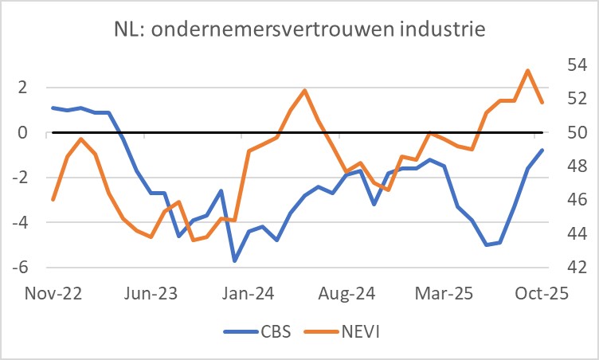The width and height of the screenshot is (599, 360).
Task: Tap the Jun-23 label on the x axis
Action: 150,293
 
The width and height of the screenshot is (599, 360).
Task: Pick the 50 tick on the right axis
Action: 575,132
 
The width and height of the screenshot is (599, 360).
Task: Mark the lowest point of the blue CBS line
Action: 235,260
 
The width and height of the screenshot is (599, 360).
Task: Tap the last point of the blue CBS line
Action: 542,150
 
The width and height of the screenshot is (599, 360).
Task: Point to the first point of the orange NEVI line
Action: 53,199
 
